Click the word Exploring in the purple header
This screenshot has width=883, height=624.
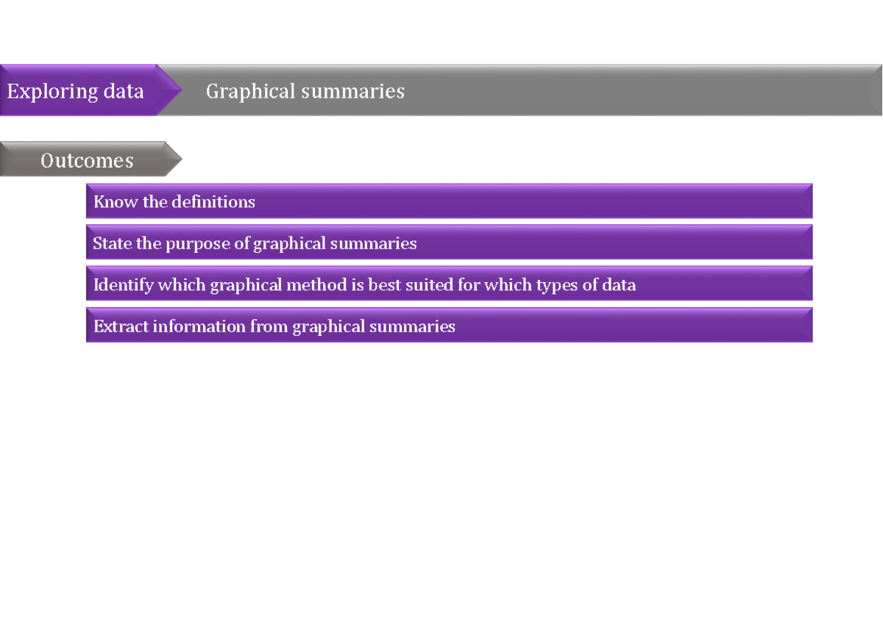pos(53,92)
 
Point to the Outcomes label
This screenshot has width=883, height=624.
pos(87,161)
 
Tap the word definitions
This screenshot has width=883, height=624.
pos(213,202)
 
